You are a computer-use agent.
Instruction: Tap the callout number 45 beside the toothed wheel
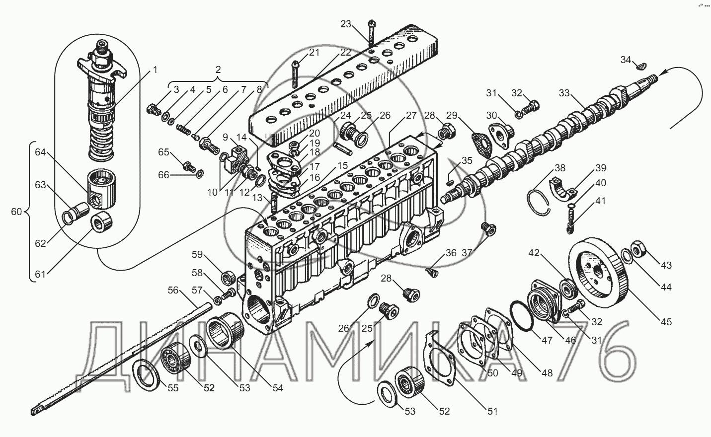tap(666, 322)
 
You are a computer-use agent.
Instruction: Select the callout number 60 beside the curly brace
tap(16, 212)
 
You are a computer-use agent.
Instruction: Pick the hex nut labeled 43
tap(638, 248)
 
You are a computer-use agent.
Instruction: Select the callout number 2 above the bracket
tap(218, 70)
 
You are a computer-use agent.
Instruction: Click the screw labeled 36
tap(431, 272)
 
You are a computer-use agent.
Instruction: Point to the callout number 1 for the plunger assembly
tap(155, 70)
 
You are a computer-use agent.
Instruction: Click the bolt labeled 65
tap(189, 166)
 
